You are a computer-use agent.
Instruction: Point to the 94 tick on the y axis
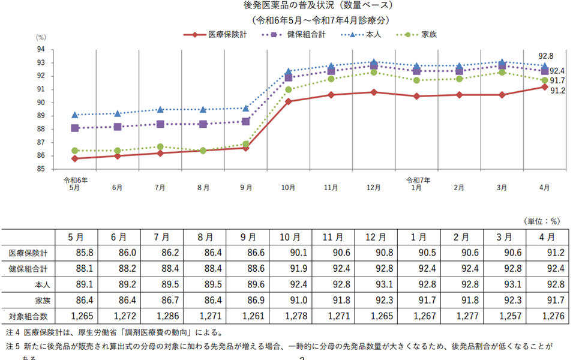tap(41, 49)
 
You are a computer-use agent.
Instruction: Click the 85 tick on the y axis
tap(41, 169)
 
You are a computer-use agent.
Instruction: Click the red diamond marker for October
tap(288, 101)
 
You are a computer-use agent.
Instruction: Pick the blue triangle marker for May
tap(75, 115)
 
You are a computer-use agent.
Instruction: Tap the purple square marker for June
tap(118, 127)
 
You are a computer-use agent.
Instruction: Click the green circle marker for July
tap(160, 146)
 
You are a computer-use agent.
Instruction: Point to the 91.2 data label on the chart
tap(557, 91)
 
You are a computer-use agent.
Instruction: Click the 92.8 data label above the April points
tap(545, 55)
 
